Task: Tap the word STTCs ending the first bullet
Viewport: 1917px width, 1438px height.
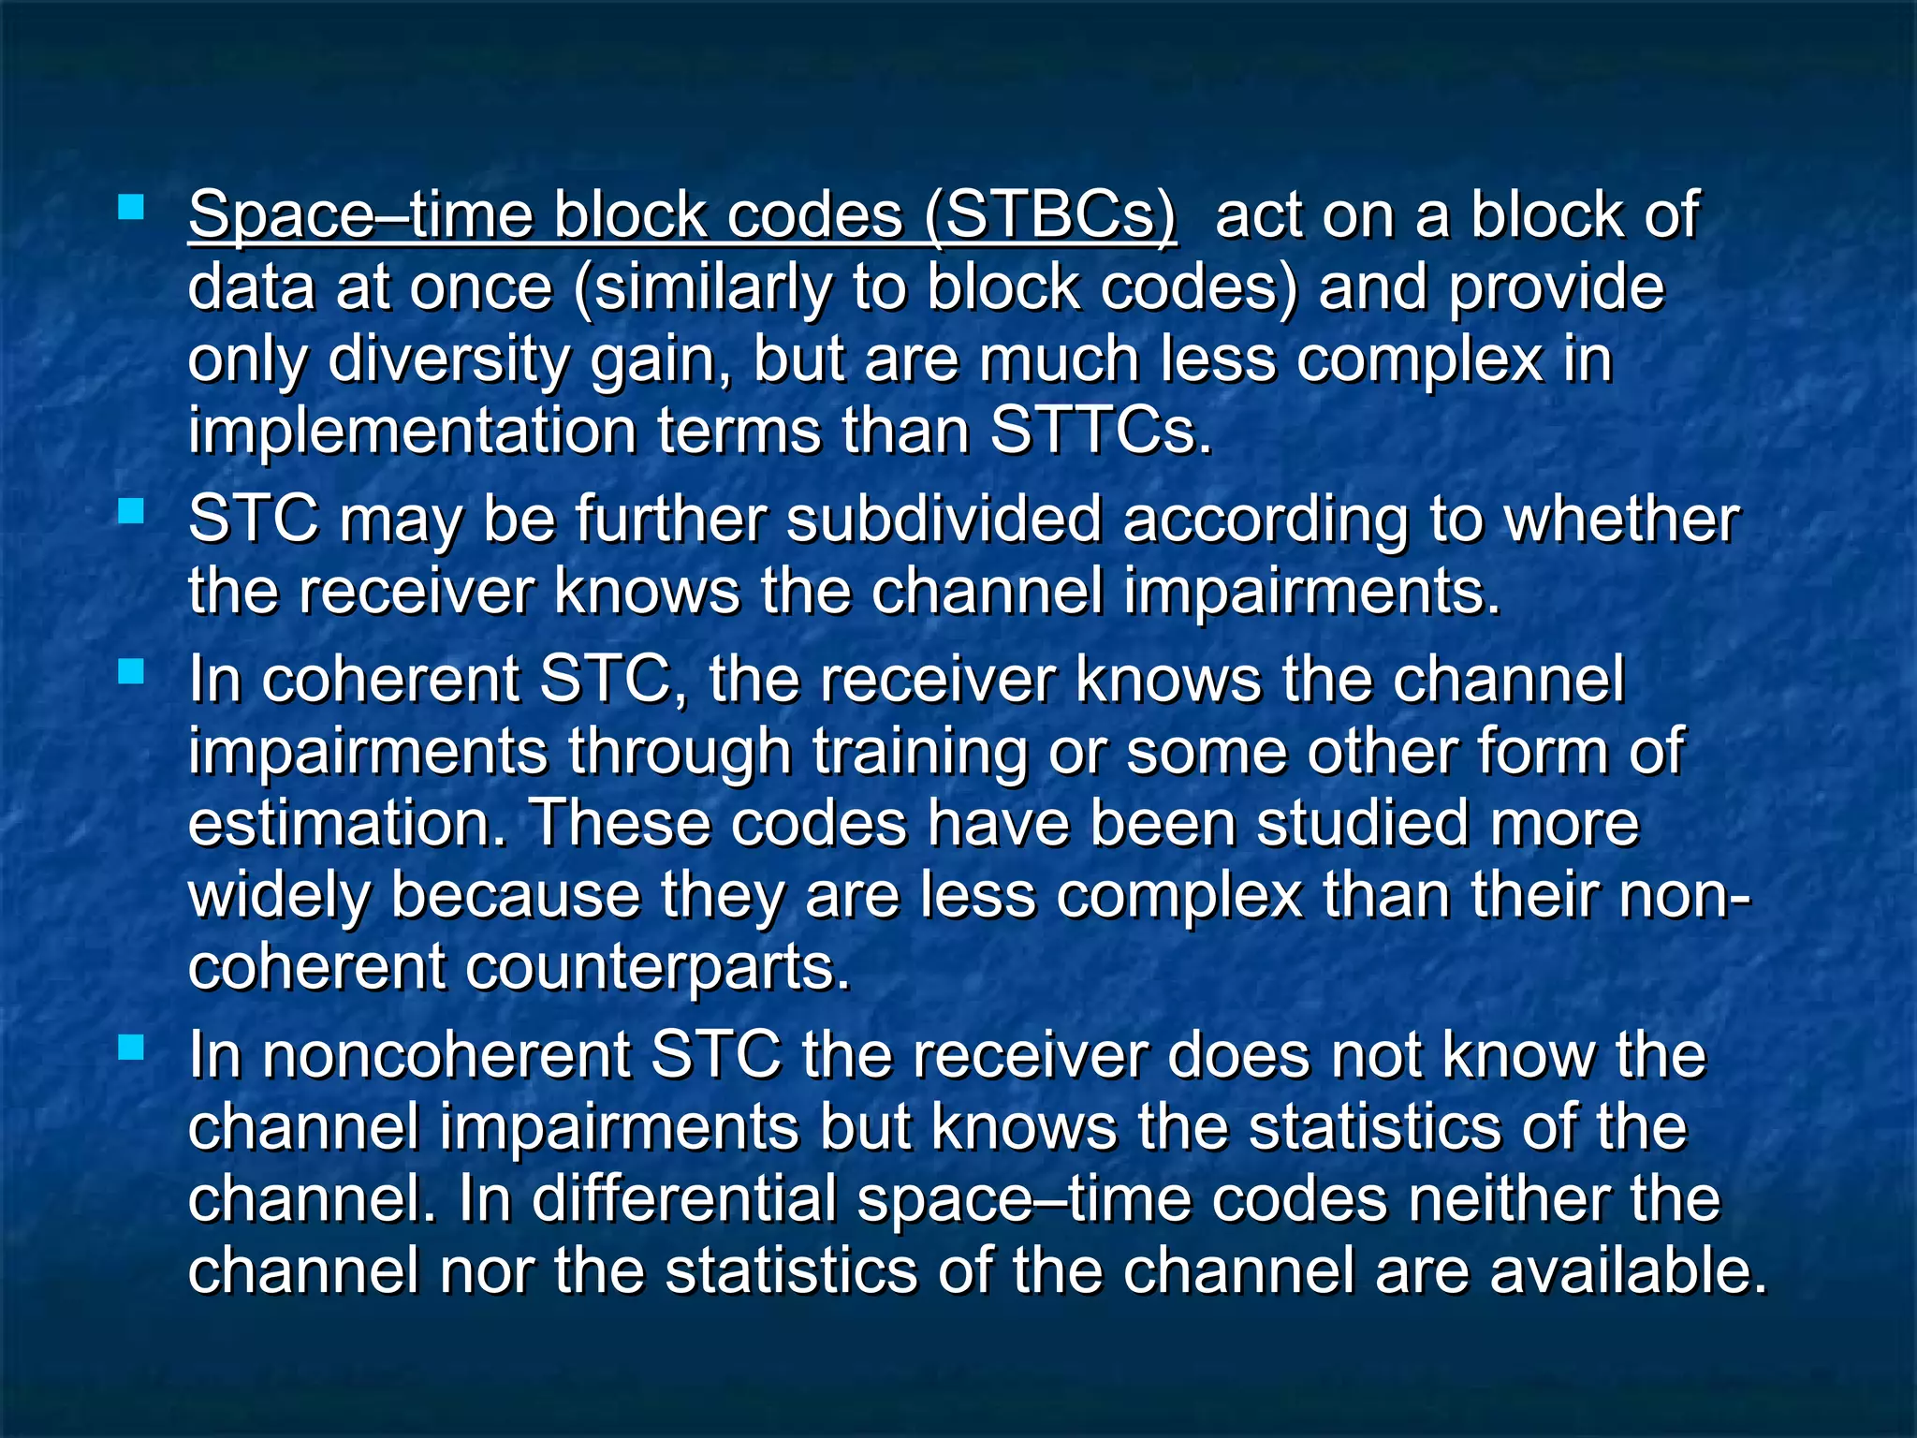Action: [1101, 432]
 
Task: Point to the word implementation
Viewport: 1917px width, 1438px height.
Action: [413, 432]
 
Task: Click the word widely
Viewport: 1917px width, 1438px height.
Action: [279, 896]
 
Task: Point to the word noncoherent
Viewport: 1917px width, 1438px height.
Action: [446, 1056]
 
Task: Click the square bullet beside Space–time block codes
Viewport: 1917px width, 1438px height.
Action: [131, 207]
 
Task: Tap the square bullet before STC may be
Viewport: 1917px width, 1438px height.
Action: [131, 511]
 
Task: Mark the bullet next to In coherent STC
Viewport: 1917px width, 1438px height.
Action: [131, 671]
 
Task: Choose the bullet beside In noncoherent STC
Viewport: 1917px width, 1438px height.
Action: [131, 1048]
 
